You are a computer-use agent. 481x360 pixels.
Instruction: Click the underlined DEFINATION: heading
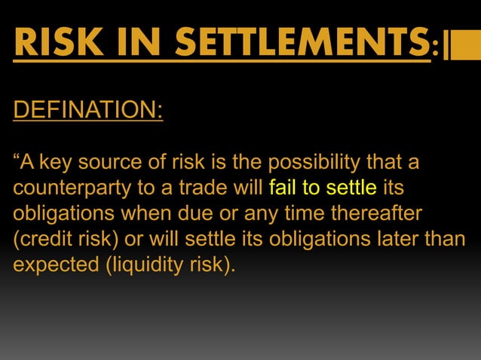pyautogui.click(x=87, y=110)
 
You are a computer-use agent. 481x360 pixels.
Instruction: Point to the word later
pyautogui.click(x=413, y=238)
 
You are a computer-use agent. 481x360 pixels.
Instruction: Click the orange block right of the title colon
pyautogui.click(x=458, y=44)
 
